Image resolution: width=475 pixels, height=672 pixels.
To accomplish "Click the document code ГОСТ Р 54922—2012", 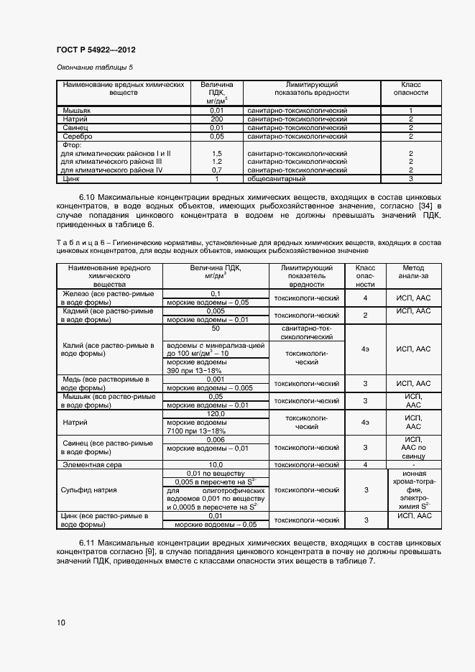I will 96,50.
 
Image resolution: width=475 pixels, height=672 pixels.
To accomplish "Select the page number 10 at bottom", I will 60,622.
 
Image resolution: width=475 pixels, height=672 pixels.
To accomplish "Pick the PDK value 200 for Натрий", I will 216,119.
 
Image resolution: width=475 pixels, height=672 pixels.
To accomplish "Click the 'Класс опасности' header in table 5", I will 410,88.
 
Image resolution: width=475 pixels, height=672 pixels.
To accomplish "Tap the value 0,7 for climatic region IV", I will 216,170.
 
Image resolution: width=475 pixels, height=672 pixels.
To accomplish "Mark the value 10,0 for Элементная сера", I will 216,465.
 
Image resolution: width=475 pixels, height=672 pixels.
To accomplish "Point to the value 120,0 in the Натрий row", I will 216,414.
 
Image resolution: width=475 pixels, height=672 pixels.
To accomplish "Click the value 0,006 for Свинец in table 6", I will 216,439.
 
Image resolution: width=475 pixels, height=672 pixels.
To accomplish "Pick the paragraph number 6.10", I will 87,196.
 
